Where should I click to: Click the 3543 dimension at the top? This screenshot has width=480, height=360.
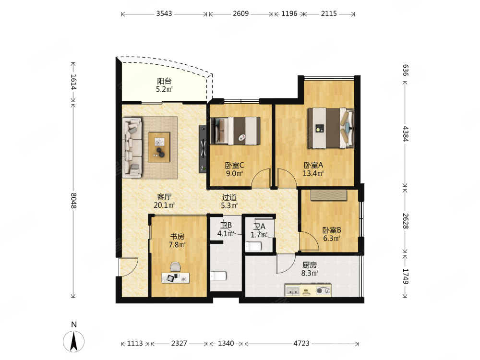(x=164, y=13)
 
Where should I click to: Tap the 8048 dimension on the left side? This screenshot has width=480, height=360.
(x=73, y=201)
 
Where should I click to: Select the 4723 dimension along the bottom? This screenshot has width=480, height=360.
(x=301, y=344)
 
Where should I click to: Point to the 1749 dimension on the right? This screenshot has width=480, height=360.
(x=405, y=276)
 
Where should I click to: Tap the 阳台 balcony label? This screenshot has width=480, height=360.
(x=164, y=81)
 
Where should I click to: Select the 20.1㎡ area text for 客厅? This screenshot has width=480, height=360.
(x=164, y=205)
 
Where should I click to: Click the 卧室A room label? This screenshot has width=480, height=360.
(x=313, y=165)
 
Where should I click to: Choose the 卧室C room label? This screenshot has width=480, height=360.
(x=235, y=165)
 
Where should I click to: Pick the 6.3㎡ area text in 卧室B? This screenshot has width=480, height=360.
(x=332, y=238)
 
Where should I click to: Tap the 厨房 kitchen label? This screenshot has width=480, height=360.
(x=310, y=265)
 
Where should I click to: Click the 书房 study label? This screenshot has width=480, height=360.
(x=177, y=236)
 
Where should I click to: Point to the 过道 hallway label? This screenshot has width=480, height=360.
(x=229, y=197)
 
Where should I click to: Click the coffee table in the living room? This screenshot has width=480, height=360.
(x=159, y=147)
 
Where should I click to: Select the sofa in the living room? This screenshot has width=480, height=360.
(x=132, y=147)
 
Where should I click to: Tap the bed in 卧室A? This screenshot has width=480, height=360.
(x=331, y=128)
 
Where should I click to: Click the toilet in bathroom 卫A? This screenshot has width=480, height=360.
(x=253, y=246)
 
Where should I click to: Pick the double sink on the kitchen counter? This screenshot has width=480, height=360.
(x=293, y=290)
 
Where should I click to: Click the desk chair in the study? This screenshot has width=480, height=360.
(x=175, y=266)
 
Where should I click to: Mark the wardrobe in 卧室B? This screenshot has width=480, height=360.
(x=328, y=195)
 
